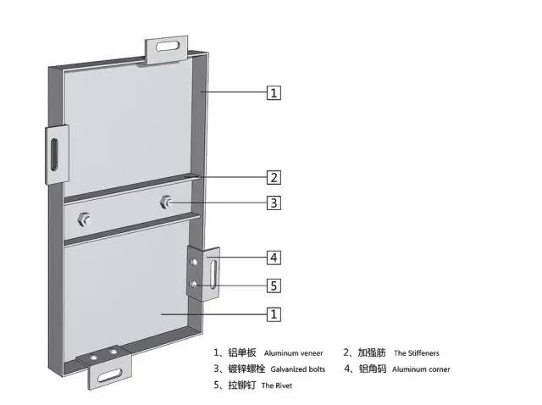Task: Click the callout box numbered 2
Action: (x=274, y=177)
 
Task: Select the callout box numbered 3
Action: (x=274, y=203)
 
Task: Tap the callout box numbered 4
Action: (x=274, y=258)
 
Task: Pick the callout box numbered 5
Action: (x=274, y=286)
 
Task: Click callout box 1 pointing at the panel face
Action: (x=274, y=314)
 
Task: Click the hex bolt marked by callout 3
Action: (x=166, y=202)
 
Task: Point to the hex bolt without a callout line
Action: (x=84, y=219)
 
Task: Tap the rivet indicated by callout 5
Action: (x=194, y=285)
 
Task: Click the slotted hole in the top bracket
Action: (x=168, y=46)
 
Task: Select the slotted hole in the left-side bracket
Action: (x=54, y=154)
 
